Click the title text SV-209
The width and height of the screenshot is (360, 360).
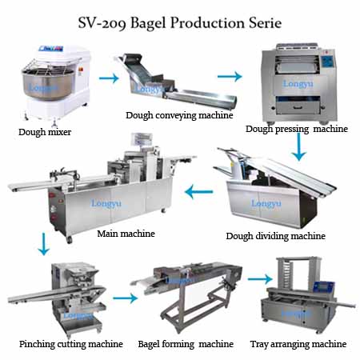tap(102, 23)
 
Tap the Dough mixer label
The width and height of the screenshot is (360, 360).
tap(45, 132)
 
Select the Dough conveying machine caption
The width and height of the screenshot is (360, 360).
tap(179, 115)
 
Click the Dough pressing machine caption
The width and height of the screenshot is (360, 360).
tap(297, 129)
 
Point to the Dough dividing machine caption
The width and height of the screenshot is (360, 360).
tap(276, 236)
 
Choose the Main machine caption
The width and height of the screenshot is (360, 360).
tap(126, 234)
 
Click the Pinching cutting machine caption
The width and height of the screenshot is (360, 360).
tap(71, 344)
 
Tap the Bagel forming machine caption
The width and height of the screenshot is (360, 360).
tap(186, 344)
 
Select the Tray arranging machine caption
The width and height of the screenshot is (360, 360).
tap(298, 344)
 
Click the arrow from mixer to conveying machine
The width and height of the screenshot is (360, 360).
tap(109, 78)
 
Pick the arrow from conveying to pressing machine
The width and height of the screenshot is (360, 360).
tap(230, 77)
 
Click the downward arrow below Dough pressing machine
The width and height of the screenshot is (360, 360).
tap(299, 146)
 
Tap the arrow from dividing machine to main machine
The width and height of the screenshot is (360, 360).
tap(199, 192)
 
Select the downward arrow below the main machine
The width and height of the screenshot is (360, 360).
tap(43, 244)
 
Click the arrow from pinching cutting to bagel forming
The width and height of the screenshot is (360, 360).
tap(125, 298)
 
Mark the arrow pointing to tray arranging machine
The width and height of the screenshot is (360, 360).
tap(260, 279)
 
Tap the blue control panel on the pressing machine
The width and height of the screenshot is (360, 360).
tap(327, 62)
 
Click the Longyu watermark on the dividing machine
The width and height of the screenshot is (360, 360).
tap(266, 203)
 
